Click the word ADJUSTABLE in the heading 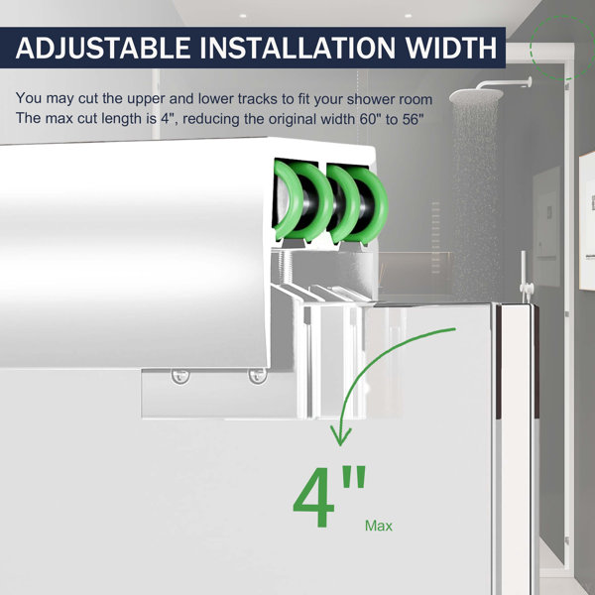(103, 48)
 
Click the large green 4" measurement (328, 497)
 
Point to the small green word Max (379, 526)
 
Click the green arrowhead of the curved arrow (340, 435)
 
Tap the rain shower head (476, 96)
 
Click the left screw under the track (180, 376)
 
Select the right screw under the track (257, 376)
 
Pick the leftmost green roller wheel (289, 200)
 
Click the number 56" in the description (413, 119)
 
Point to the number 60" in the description (370, 119)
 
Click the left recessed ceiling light (243, 16)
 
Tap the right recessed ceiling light (408, 16)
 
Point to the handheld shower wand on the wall (525, 275)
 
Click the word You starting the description (29, 98)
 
